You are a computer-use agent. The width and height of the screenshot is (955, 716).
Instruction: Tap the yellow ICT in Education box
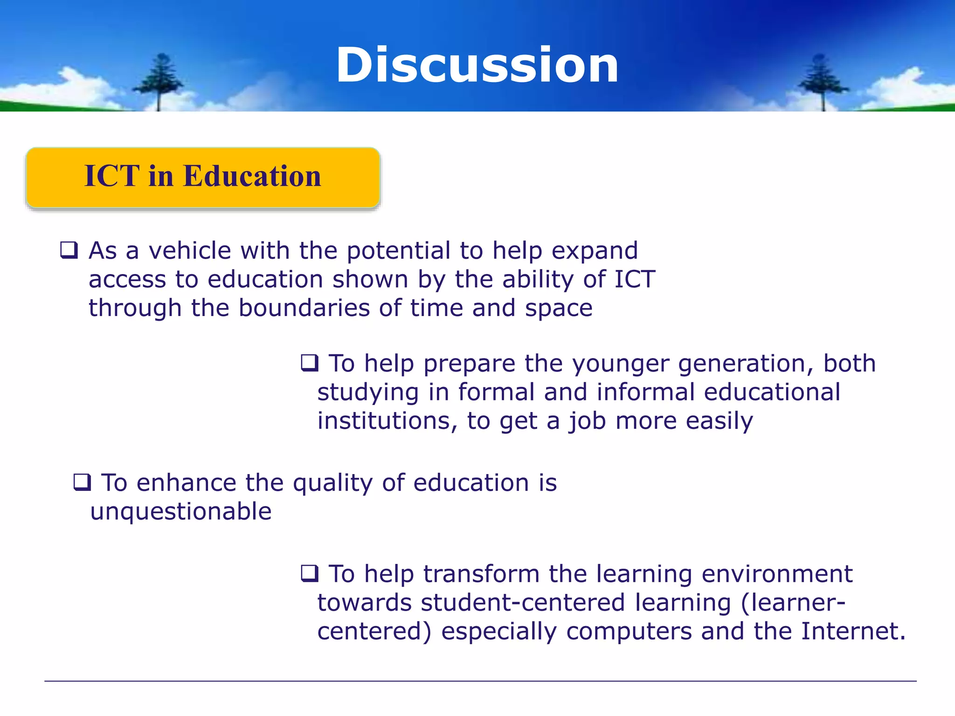203,178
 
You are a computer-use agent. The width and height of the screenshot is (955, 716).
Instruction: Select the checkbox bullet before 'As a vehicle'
69,250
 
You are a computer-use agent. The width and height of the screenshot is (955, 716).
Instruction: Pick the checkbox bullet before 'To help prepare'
310,363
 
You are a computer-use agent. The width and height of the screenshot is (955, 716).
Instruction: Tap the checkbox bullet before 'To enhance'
82,482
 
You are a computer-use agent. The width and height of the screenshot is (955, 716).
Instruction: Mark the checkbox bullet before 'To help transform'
310,573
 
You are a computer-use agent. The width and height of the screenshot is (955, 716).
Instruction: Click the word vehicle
190,251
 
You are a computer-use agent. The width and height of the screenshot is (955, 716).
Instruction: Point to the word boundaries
304,308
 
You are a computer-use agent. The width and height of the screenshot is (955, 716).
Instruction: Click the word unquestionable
181,512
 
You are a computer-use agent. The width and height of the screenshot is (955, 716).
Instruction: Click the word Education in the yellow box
252,176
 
